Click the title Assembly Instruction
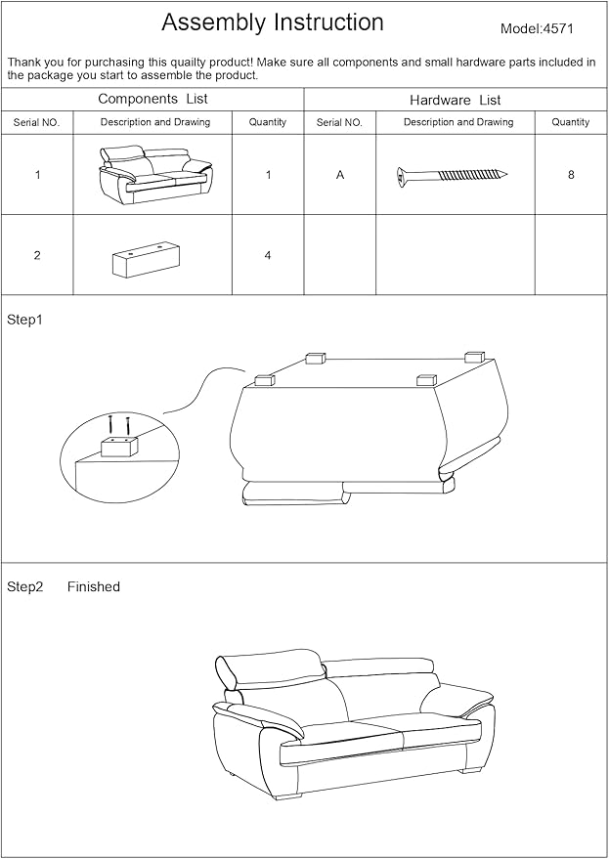coord(272,22)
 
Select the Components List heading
coord(152,99)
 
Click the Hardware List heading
coord(455,100)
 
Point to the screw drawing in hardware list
coord(453,175)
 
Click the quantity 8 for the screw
coord(570,175)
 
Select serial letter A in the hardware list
coord(339,175)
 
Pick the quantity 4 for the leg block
coord(267,256)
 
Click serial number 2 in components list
coord(37,256)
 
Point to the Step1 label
coord(25,320)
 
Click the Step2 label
coord(25,587)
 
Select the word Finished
coord(94,587)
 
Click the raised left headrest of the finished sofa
coord(228,673)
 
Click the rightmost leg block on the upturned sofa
coord(474,357)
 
